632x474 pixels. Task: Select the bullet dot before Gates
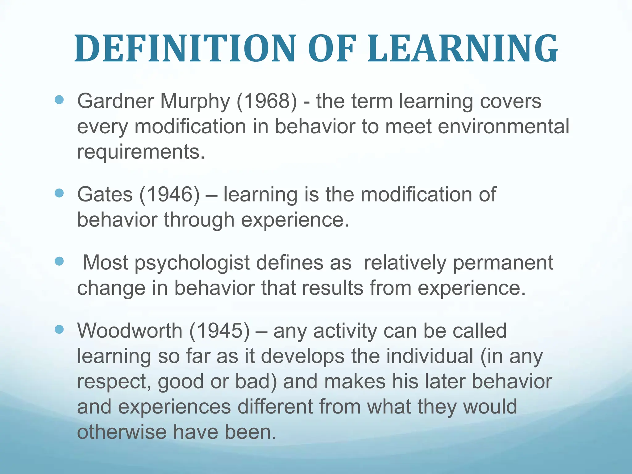tap(59, 193)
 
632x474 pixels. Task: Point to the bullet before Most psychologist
tap(59, 261)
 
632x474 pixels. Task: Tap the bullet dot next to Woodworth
tap(59, 329)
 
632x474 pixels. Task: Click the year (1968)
tap(267, 101)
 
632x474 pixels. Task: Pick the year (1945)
tap(219, 331)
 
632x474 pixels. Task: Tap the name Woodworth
tap(130, 331)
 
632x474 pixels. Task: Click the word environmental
tap(503, 127)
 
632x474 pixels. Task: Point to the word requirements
tap(141, 152)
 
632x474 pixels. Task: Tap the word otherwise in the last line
tap(121, 432)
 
